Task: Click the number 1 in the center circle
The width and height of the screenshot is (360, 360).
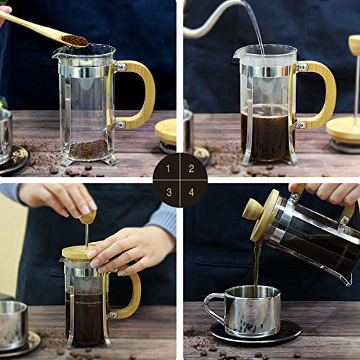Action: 168,168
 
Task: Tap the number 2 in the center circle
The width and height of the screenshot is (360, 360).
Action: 191,168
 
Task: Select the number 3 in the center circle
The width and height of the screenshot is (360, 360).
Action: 168,192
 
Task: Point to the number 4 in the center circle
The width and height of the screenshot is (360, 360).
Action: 191,192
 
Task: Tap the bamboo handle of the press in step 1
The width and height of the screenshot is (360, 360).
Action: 145,94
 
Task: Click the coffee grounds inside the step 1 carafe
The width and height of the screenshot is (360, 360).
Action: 89,149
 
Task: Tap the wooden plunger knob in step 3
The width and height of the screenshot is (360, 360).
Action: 88,216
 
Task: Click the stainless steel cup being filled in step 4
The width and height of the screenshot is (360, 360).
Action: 253,310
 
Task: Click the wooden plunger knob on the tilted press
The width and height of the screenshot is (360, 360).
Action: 253,209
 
